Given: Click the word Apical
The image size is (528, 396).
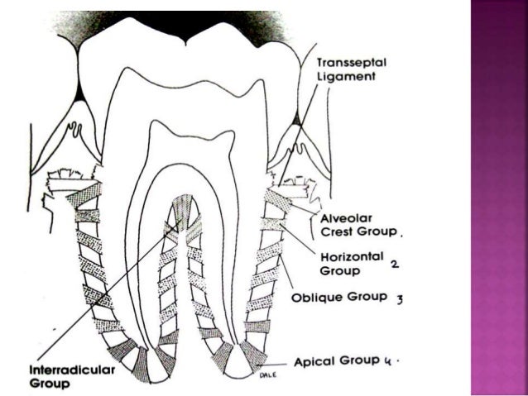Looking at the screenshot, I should tap(314, 362).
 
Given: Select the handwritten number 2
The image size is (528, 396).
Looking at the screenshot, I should tap(396, 264).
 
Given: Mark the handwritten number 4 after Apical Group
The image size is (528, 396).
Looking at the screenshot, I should tap(386, 362).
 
